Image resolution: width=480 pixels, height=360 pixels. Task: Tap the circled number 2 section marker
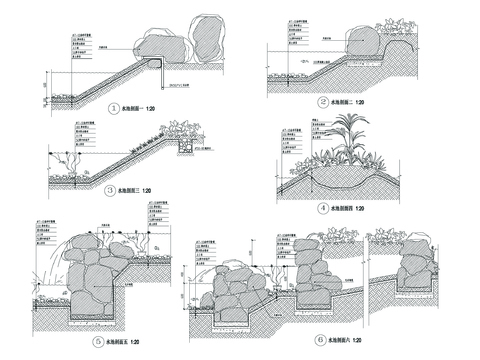click(x=324, y=102)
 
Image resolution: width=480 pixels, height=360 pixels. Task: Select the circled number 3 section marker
click(x=110, y=188)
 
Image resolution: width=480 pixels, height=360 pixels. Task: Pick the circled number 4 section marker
click(x=323, y=209)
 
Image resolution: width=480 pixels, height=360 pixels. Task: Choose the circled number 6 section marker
click(x=319, y=339)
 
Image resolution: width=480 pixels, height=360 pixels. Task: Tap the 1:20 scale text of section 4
click(x=358, y=209)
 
